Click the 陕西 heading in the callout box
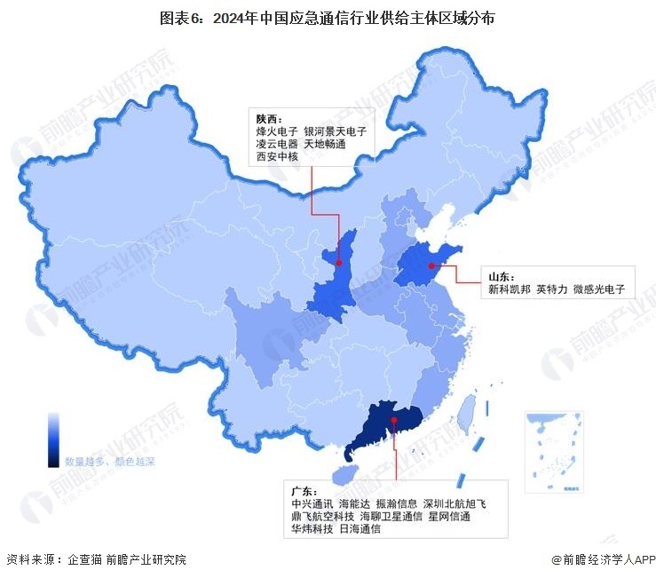pos(268,119)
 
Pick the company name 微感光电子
pos(599,289)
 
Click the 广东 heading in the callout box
pos(304,491)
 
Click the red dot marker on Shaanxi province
pos(338,262)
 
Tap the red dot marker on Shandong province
pos(431,265)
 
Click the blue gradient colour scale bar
pos(53,439)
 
